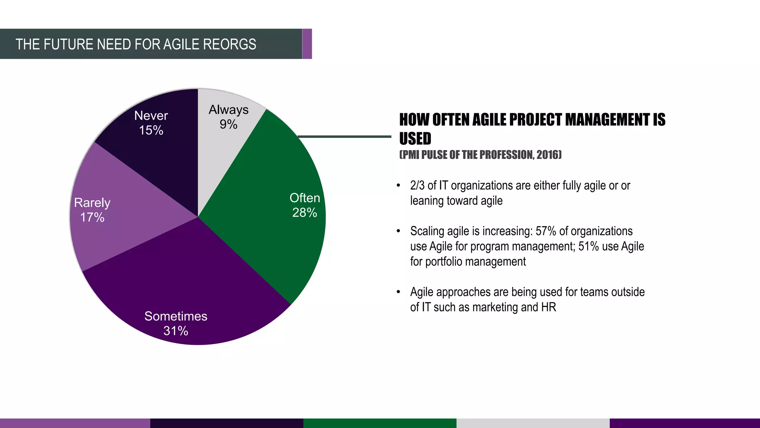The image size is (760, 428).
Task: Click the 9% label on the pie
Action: [x=228, y=124]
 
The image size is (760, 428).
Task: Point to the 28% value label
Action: [x=304, y=213]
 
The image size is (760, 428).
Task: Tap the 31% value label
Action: [x=176, y=331]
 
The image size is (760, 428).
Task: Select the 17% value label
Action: [x=92, y=217]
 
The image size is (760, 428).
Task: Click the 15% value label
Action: [x=151, y=130]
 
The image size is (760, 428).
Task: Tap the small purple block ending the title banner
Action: [x=307, y=44]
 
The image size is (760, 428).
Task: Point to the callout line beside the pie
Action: [x=344, y=137]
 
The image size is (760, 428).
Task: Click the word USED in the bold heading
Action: [x=415, y=139]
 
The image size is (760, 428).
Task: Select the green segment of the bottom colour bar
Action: [x=380, y=423]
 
